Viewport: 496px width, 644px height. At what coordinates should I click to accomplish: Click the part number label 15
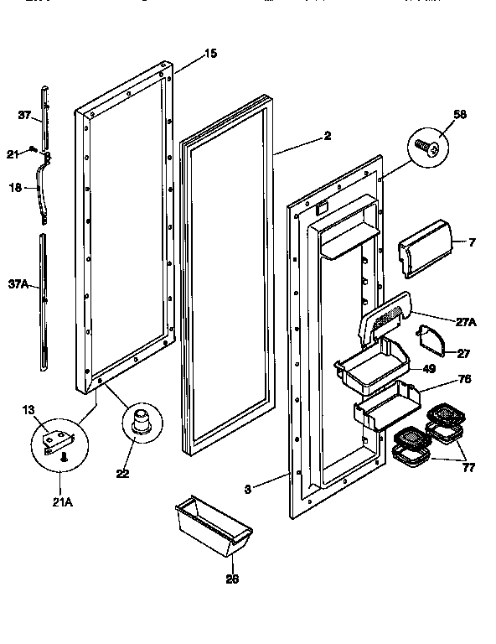point(210,54)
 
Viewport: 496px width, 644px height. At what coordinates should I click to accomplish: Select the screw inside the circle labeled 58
point(428,148)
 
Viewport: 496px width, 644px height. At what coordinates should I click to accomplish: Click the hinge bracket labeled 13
point(55,437)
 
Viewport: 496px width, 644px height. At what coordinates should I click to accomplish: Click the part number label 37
point(24,116)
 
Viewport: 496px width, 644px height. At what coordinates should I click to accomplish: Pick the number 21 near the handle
point(12,153)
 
